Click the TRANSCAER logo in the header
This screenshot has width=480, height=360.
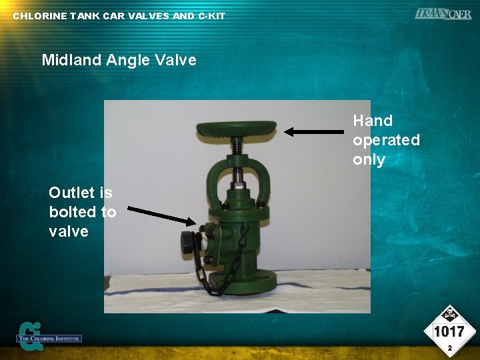click(x=443, y=13)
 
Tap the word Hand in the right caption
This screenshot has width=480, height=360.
click(x=373, y=121)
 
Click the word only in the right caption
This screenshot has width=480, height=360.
click(x=369, y=159)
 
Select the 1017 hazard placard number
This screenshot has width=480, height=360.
click(x=449, y=332)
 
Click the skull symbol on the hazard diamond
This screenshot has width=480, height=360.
click(x=449, y=314)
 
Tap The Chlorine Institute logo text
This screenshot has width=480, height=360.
click(x=51, y=339)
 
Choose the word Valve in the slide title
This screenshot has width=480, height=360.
click(x=175, y=60)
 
